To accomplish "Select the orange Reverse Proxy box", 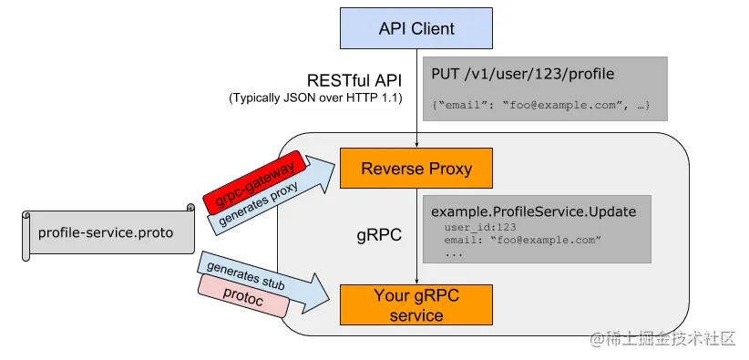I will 416,169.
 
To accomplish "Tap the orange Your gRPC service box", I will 416,305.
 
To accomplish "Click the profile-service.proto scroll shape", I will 108,232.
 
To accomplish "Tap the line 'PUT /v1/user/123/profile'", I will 521,74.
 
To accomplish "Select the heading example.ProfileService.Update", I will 533,211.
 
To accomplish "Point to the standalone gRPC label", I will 380,234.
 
